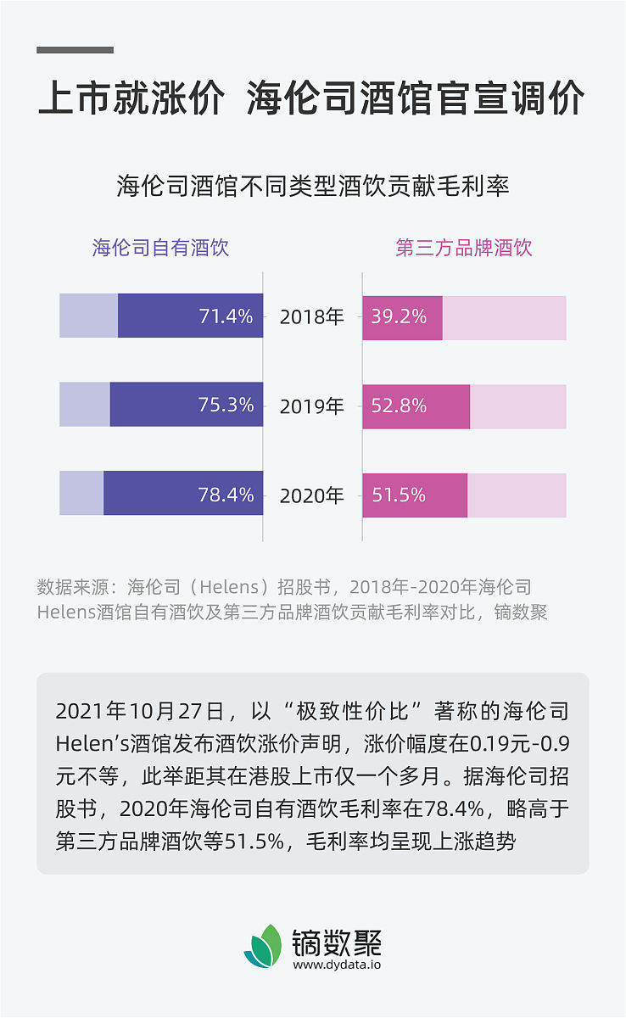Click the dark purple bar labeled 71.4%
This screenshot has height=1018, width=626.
(190, 316)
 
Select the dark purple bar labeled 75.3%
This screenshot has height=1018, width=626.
(187, 405)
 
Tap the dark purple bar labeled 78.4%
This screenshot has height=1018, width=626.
(183, 494)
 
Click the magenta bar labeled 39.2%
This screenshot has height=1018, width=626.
(402, 317)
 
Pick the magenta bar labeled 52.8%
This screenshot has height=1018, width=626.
(416, 406)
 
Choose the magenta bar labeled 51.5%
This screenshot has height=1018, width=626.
(415, 495)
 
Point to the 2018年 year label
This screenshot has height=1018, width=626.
(312, 317)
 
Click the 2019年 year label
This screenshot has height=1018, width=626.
(312, 406)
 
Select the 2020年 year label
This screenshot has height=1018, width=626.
(312, 495)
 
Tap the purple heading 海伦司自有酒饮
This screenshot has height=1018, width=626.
(161, 248)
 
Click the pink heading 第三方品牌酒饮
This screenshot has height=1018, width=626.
(464, 248)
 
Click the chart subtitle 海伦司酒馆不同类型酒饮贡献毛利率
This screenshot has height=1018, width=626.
(313, 186)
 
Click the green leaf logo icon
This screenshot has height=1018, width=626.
(263, 946)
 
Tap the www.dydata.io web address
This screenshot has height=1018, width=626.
(337, 965)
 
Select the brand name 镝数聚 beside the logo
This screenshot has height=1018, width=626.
(337, 941)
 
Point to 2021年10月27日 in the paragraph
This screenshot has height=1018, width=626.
(137, 710)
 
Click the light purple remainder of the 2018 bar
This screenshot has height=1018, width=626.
(88, 316)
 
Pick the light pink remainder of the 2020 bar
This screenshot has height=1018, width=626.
(517, 495)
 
